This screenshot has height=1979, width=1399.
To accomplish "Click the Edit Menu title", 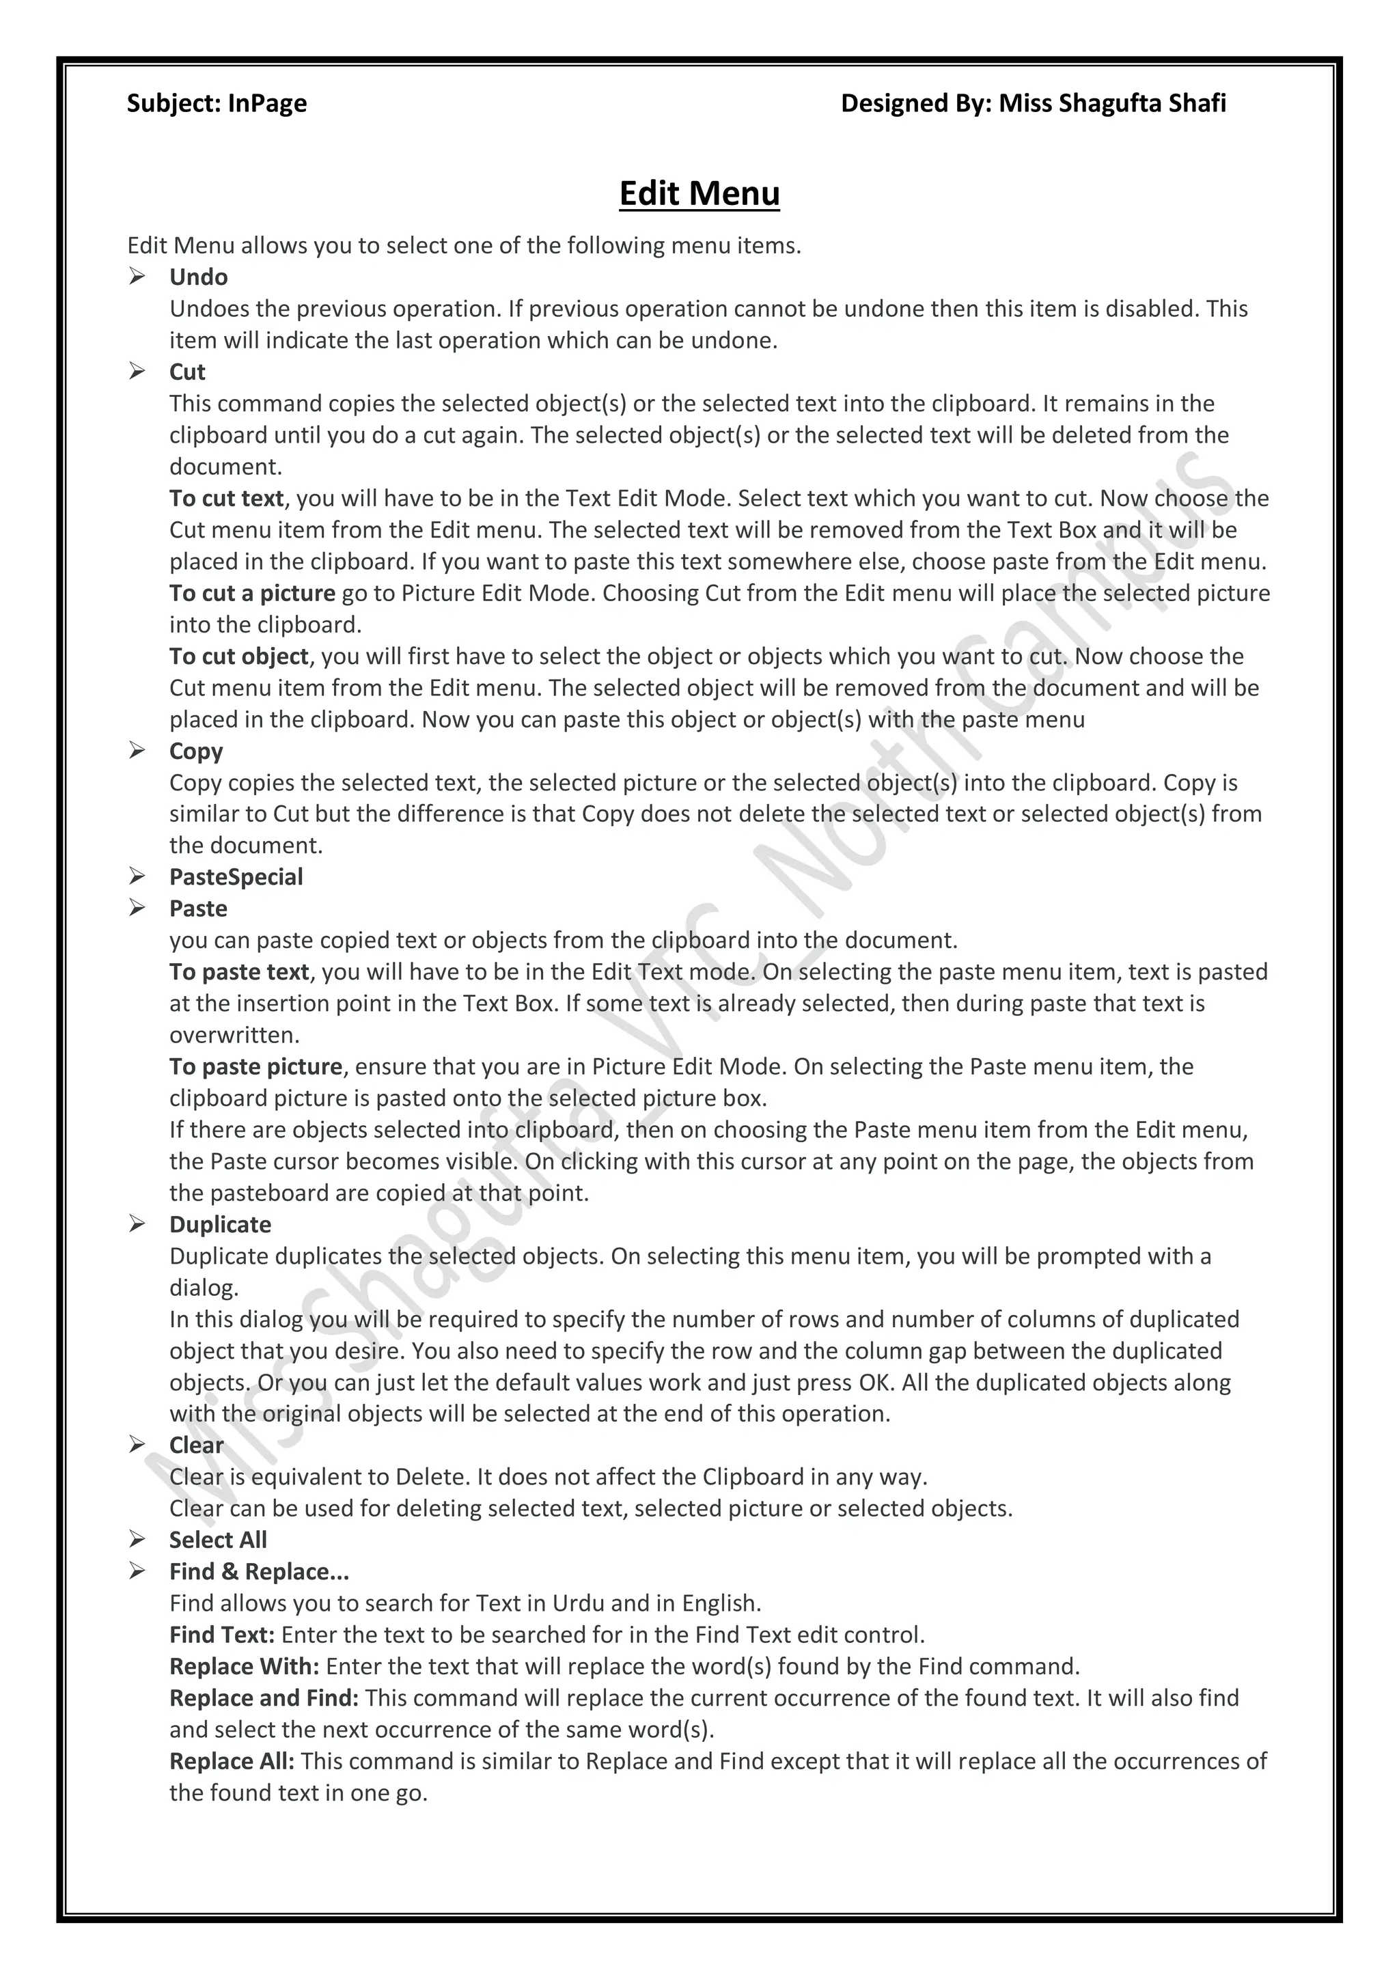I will tap(699, 193).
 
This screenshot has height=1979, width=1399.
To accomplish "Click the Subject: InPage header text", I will tap(217, 103).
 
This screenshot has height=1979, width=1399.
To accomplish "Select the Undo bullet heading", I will tap(198, 277).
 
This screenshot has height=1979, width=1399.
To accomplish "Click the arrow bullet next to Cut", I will tap(137, 372).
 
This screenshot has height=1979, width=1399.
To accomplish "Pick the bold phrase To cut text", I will tap(226, 498).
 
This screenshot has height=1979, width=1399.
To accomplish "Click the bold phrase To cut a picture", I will tap(251, 593).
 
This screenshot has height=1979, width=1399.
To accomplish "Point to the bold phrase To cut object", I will tap(239, 656).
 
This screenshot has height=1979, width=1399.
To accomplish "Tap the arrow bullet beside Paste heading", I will tap(137, 908).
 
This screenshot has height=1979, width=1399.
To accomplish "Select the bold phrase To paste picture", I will tap(256, 1066).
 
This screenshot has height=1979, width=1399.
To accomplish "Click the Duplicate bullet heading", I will tap(220, 1224).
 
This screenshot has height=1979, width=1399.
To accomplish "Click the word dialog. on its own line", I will tap(204, 1288).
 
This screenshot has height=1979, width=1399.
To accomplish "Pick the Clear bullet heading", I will tap(197, 1445).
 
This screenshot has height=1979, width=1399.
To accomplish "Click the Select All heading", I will tap(218, 1540).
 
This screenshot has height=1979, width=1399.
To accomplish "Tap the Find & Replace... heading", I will tap(259, 1571).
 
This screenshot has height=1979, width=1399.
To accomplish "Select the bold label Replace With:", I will tap(244, 1666).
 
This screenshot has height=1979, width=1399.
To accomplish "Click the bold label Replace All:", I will tap(232, 1761).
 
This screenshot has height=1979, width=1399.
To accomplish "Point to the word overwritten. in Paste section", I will tap(234, 1034).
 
